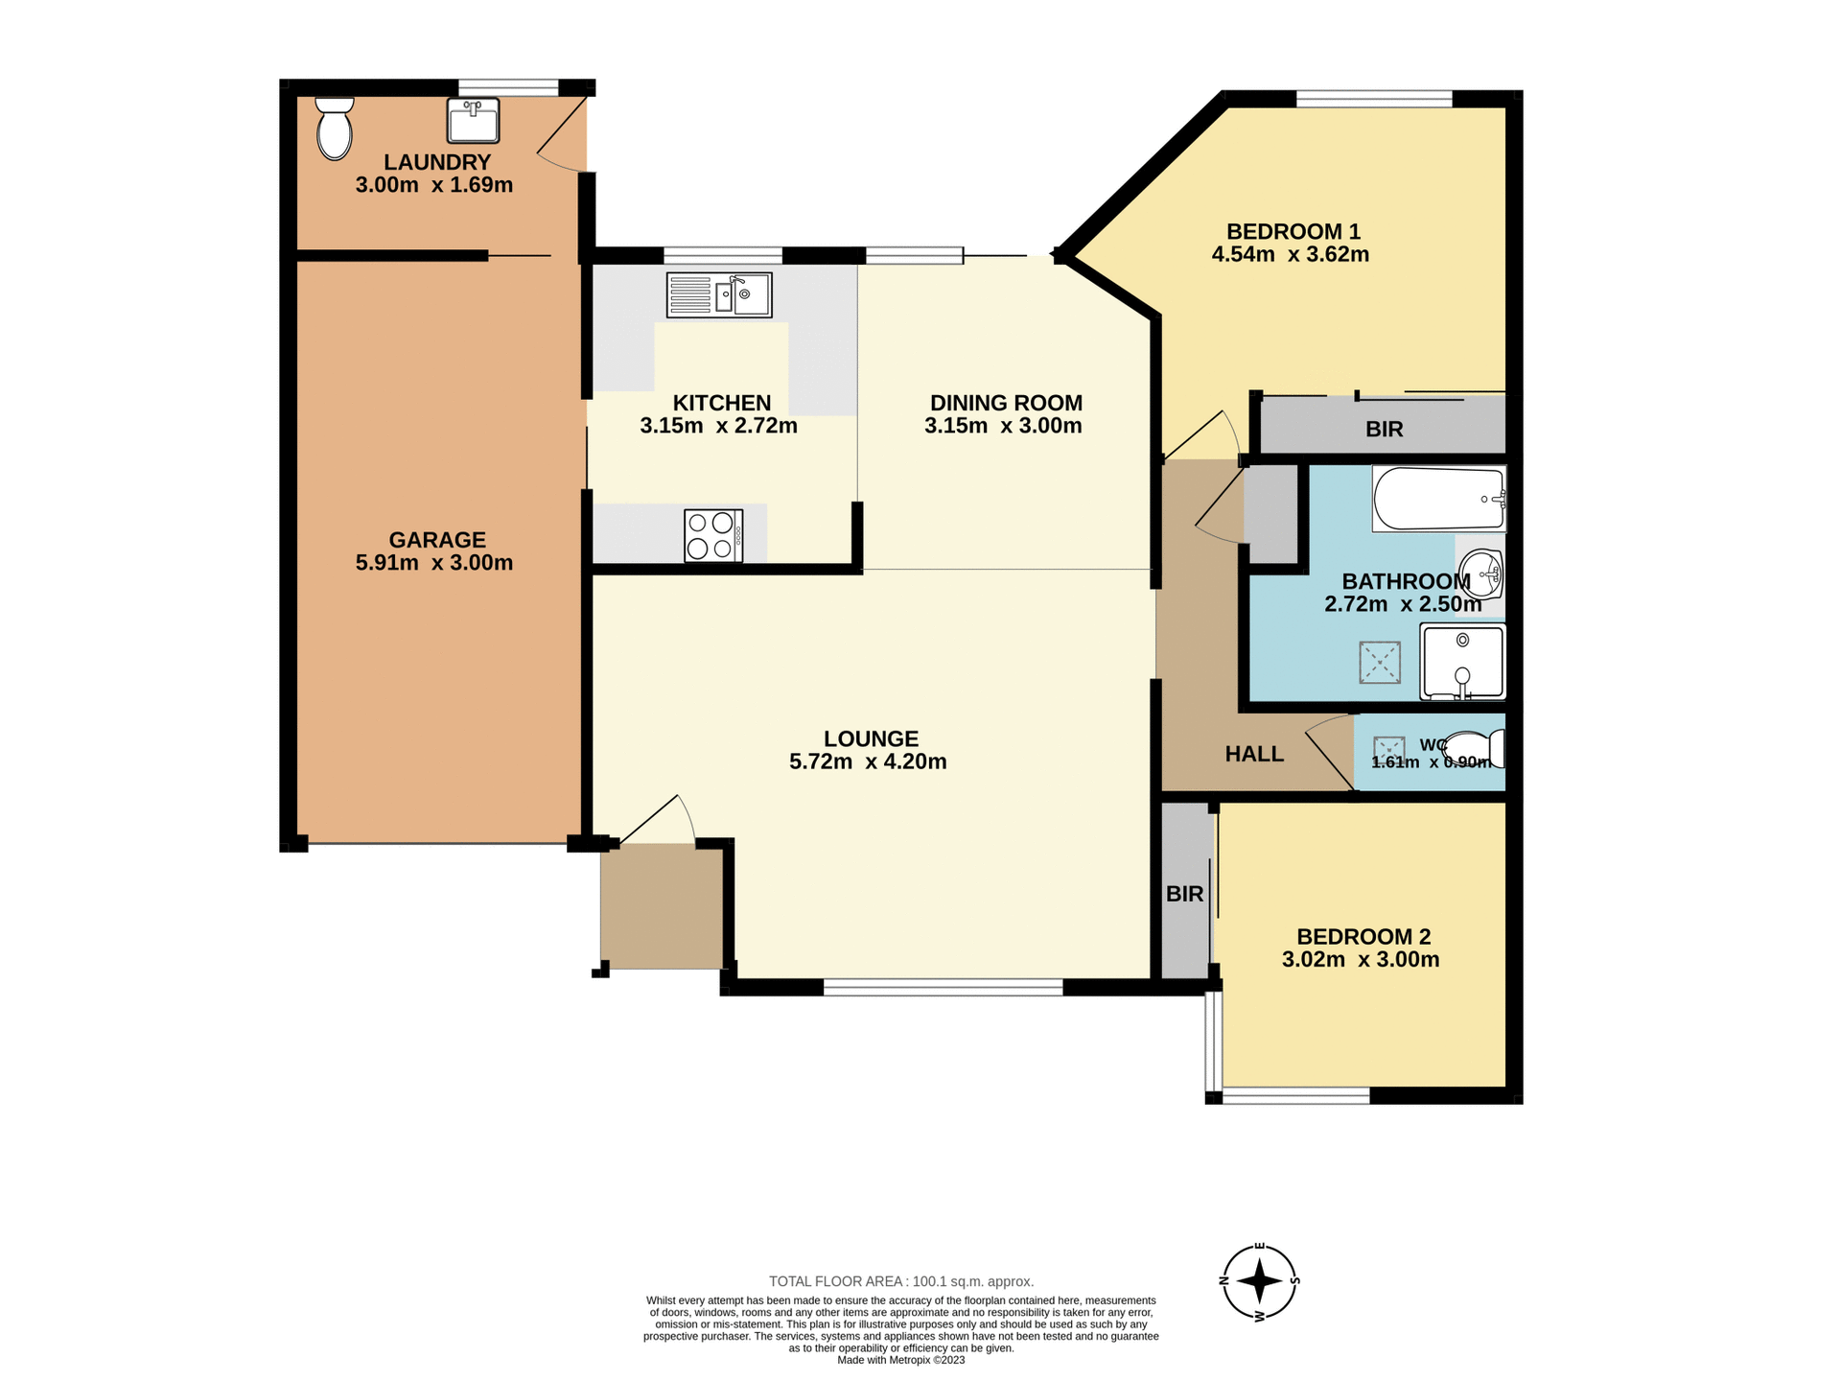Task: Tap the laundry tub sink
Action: coord(473,121)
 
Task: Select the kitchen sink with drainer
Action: coord(719,295)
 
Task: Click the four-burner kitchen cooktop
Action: coord(713,535)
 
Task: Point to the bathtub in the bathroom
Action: coord(1438,499)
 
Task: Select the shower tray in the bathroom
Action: coord(1463,662)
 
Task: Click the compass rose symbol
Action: coord(1260,1281)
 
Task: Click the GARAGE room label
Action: coord(437,540)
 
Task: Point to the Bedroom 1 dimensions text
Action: coord(1290,255)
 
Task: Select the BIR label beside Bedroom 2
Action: coord(1184,894)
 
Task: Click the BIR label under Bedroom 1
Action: coord(1384,430)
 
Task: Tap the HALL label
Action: coord(1254,755)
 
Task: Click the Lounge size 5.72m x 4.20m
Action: coord(868,762)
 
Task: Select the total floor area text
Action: coord(900,1281)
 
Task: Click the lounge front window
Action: coord(943,987)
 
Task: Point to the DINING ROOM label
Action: coord(1006,403)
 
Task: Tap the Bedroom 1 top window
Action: coord(1373,98)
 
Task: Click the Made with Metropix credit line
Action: coord(900,1360)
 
